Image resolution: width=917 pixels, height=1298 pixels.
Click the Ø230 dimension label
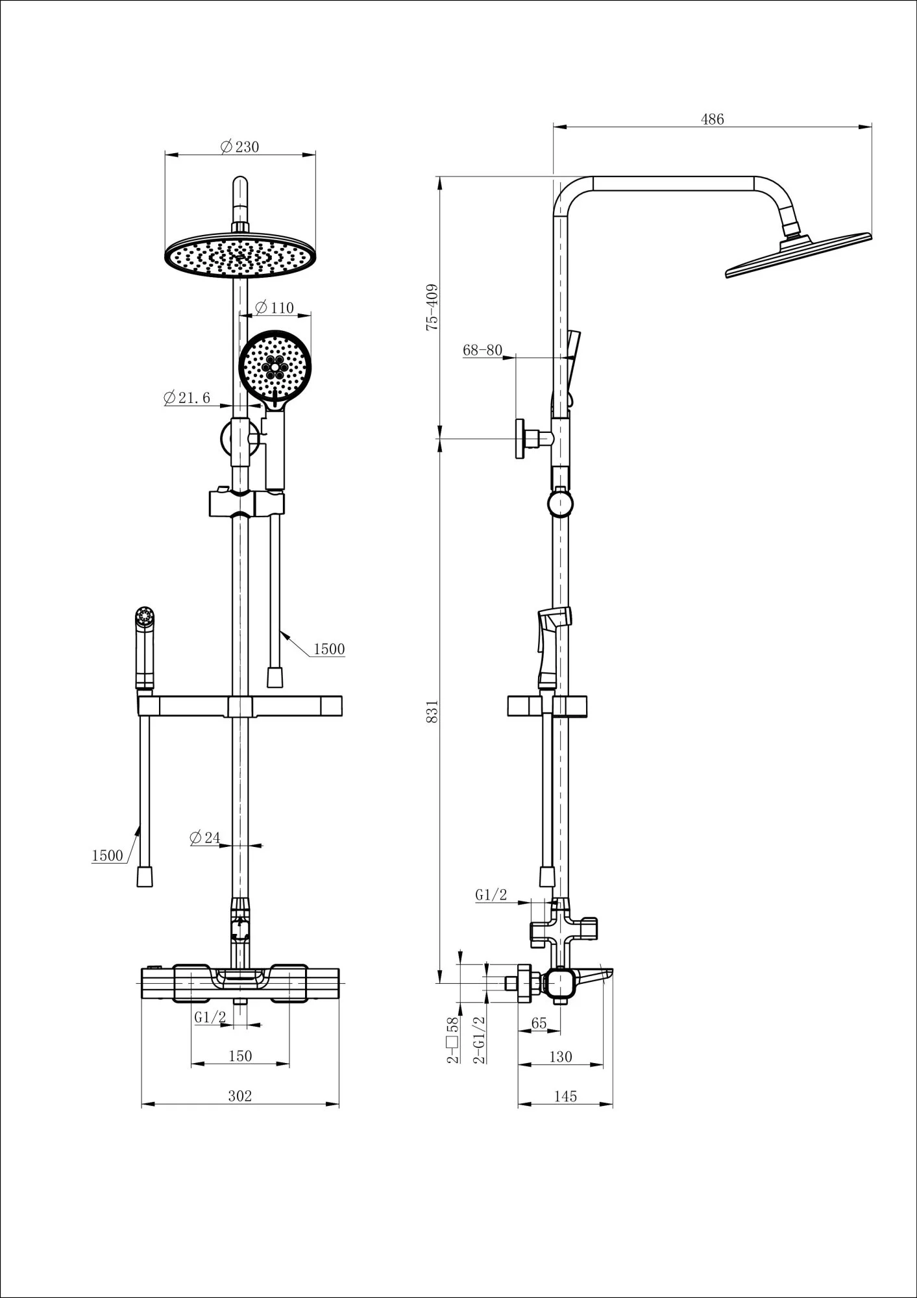239,147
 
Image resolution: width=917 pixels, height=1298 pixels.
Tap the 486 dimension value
712,119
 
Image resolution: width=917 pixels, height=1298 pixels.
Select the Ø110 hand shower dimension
275,308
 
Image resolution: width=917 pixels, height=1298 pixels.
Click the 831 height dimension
433,711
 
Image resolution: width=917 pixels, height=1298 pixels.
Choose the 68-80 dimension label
482,350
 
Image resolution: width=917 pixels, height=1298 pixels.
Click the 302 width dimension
239,1096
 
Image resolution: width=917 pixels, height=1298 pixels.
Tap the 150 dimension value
239,1056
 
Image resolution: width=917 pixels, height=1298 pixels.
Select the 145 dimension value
565,1096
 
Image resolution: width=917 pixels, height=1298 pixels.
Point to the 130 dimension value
560,1057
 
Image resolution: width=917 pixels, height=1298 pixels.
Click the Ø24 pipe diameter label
206,838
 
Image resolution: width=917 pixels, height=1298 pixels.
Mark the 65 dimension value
539,1023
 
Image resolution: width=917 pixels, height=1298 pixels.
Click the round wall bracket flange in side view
520,438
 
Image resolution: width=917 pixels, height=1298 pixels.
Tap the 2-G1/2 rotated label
481,1039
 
